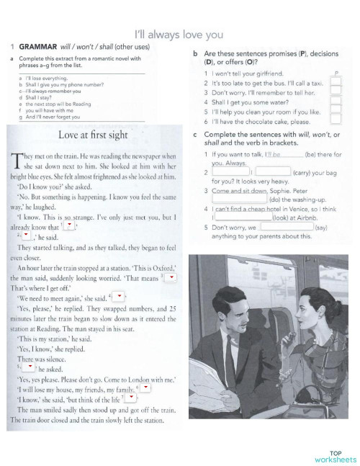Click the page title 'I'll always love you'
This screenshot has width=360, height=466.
(x=180, y=33)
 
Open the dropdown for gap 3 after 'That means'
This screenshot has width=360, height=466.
(x=170, y=277)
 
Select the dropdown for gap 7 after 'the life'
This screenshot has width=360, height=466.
(x=130, y=398)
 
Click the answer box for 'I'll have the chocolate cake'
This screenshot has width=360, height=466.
(x=335, y=123)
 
